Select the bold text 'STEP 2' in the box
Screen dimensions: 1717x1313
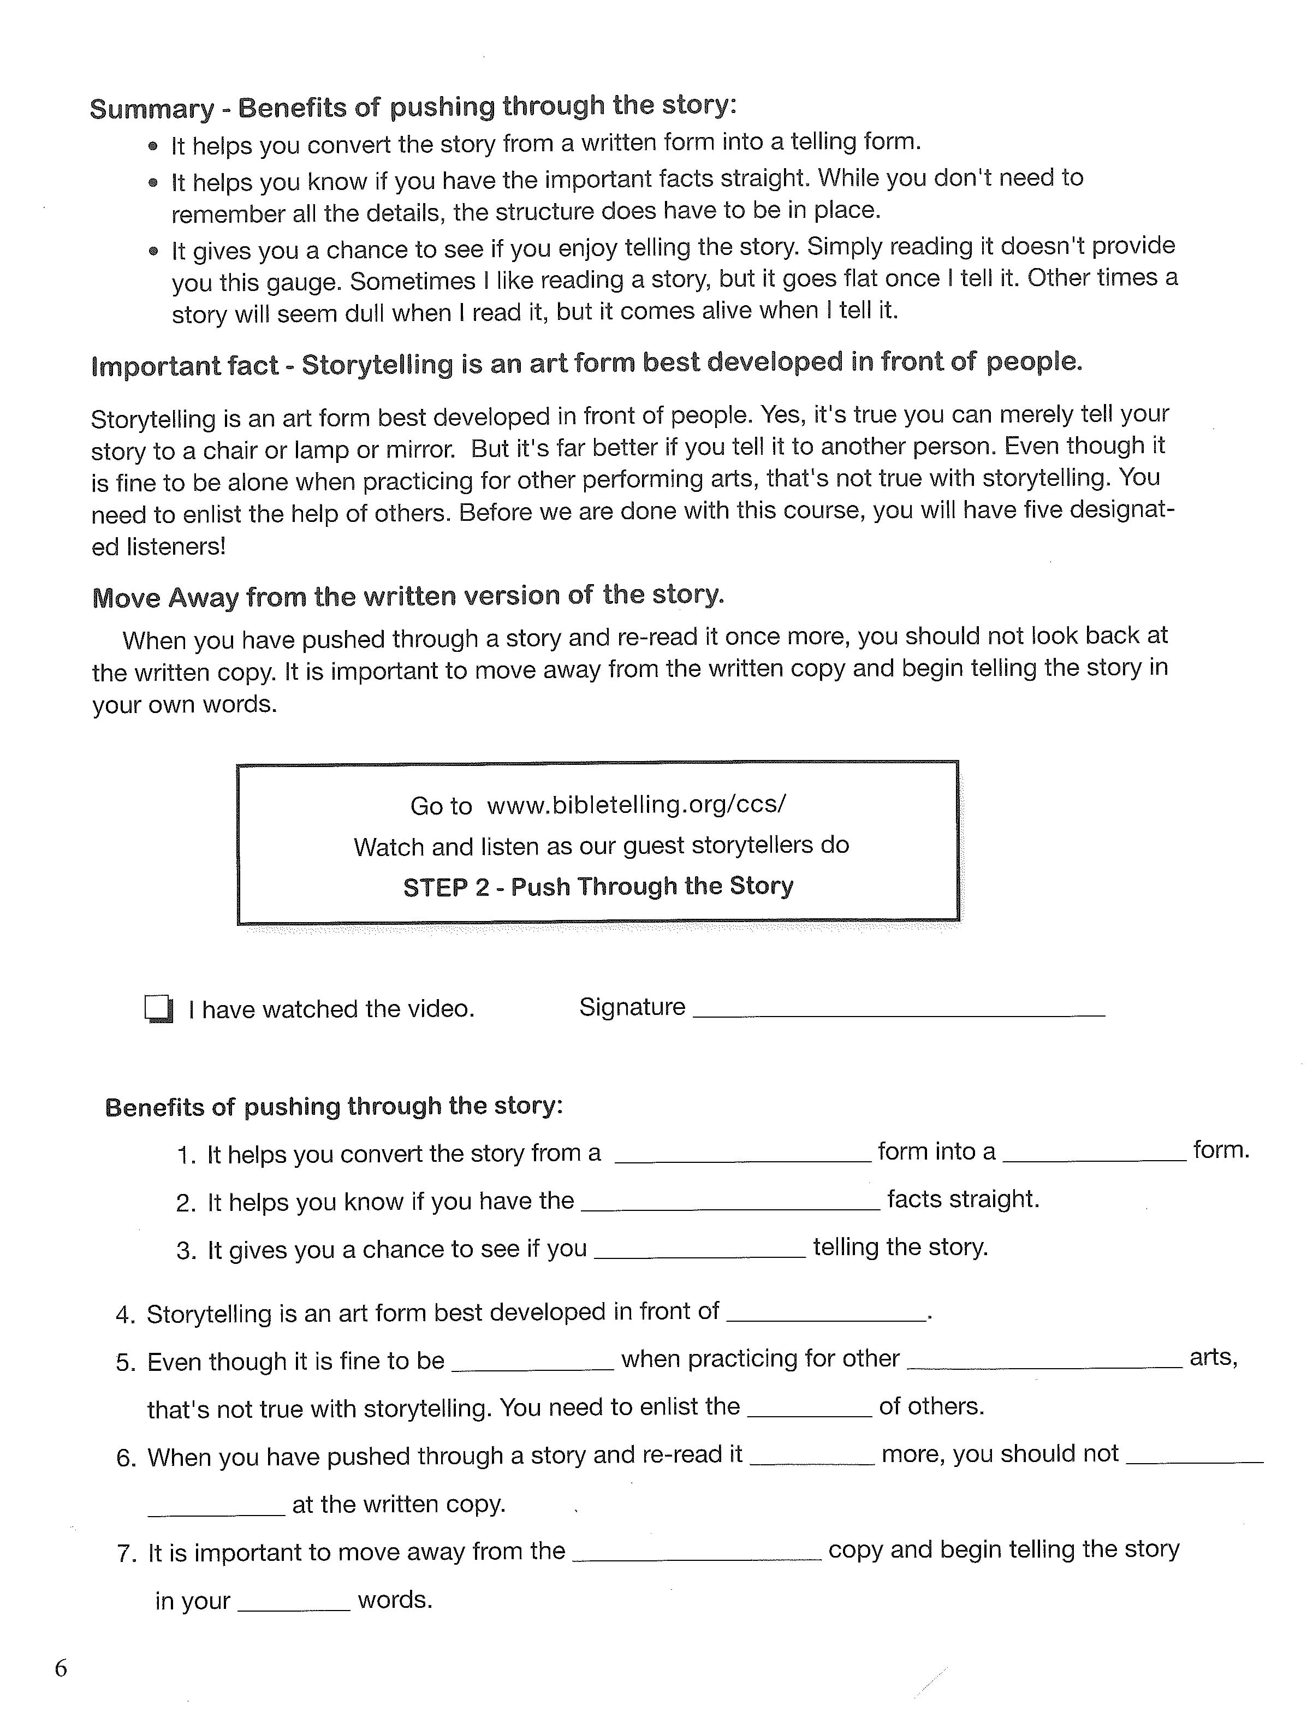445,887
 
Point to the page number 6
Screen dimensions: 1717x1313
61,1668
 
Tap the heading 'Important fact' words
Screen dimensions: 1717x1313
185,365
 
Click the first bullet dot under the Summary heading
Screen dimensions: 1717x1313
153,146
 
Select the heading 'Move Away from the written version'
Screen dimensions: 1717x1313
408,596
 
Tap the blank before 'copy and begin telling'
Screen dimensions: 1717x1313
697,1552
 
